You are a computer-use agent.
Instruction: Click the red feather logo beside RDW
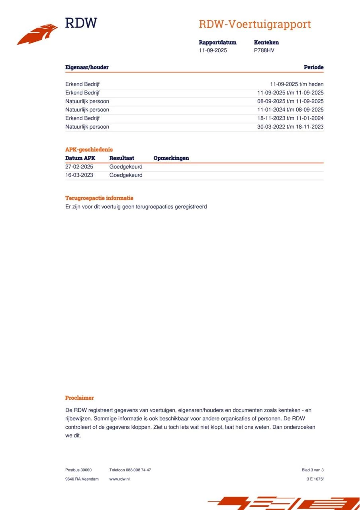[x=37, y=35]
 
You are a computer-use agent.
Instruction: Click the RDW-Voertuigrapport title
[x=254, y=24]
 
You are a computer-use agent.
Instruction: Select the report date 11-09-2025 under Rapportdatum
[x=213, y=51]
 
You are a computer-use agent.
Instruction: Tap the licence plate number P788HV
[x=264, y=51]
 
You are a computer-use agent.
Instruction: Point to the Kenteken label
[x=266, y=42]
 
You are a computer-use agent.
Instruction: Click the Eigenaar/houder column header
[x=87, y=67]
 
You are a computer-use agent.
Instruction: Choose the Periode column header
[x=313, y=67]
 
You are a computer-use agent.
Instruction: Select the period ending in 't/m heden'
[x=297, y=84]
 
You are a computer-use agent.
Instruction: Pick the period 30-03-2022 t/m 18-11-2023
[x=290, y=127]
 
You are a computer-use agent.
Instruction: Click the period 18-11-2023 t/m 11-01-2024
[x=290, y=118]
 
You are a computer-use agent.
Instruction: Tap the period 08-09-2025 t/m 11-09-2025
[x=290, y=101]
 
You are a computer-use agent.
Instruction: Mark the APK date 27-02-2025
[x=79, y=167]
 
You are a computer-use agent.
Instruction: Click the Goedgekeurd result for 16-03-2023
[x=125, y=175]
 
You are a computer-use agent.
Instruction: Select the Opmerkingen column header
[x=171, y=158]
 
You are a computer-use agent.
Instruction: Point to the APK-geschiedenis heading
[x=89, y=150]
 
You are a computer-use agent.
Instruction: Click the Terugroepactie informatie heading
[x=99, y=198]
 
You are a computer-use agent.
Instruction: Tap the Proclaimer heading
[x=79, y=398]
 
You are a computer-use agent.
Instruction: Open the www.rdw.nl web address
[x=119, y=479]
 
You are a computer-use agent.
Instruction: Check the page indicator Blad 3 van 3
[x=313, y=470]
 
